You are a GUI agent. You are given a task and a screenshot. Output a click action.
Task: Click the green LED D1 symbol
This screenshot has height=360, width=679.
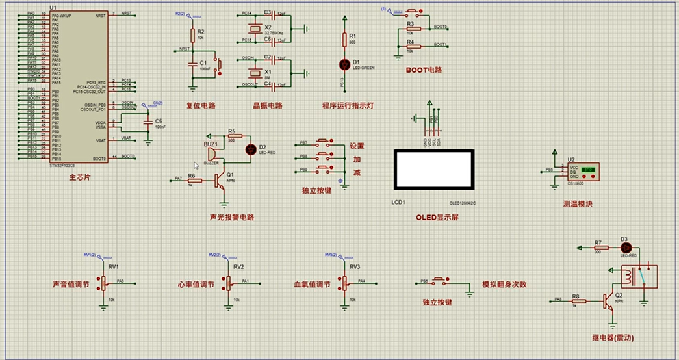tap(345, 64)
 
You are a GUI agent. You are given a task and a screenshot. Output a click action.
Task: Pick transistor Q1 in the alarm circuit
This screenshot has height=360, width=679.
tap(220, 179)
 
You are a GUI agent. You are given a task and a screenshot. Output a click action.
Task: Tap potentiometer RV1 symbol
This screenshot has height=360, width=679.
tap(103, 283)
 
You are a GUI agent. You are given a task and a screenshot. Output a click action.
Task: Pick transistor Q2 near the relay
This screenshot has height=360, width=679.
tap(608, 300)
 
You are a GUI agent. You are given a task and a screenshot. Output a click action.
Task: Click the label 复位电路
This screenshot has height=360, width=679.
tap(201, 105)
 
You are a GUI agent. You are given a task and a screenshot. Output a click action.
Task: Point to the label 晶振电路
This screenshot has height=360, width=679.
tap(268, 105)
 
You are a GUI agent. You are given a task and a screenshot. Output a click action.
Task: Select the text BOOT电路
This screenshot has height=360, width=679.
tap(423, 70)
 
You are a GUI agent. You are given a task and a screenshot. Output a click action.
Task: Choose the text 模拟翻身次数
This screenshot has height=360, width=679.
tap(504, 285)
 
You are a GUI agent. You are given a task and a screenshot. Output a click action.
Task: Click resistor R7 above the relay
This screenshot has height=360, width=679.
tap(601, 248)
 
